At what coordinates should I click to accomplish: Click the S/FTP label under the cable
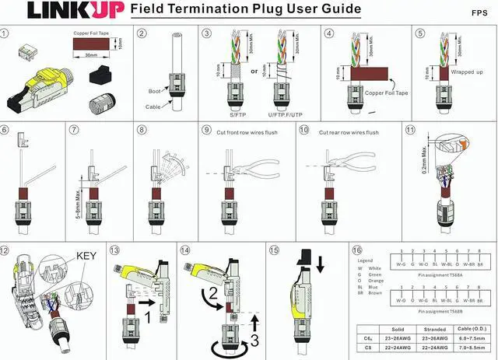coord(227,114)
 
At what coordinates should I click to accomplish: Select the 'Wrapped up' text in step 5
coord(466,72)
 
